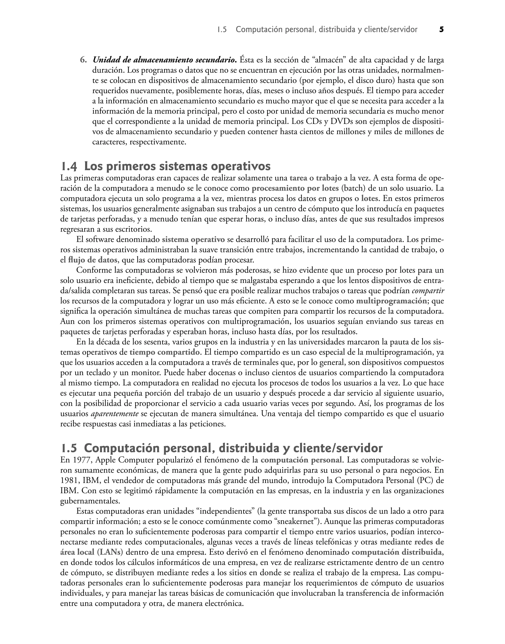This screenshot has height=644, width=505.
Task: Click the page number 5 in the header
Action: pyautogui.click(x=441, y=30)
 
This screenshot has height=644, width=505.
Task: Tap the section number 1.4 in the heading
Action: pyautogui.click(x=69, y=167)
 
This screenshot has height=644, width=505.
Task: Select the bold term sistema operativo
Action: pyautogui.click(x=193, y=239)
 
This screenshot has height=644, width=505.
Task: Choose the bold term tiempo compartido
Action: pyautogui.click(x=164, y=352)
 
